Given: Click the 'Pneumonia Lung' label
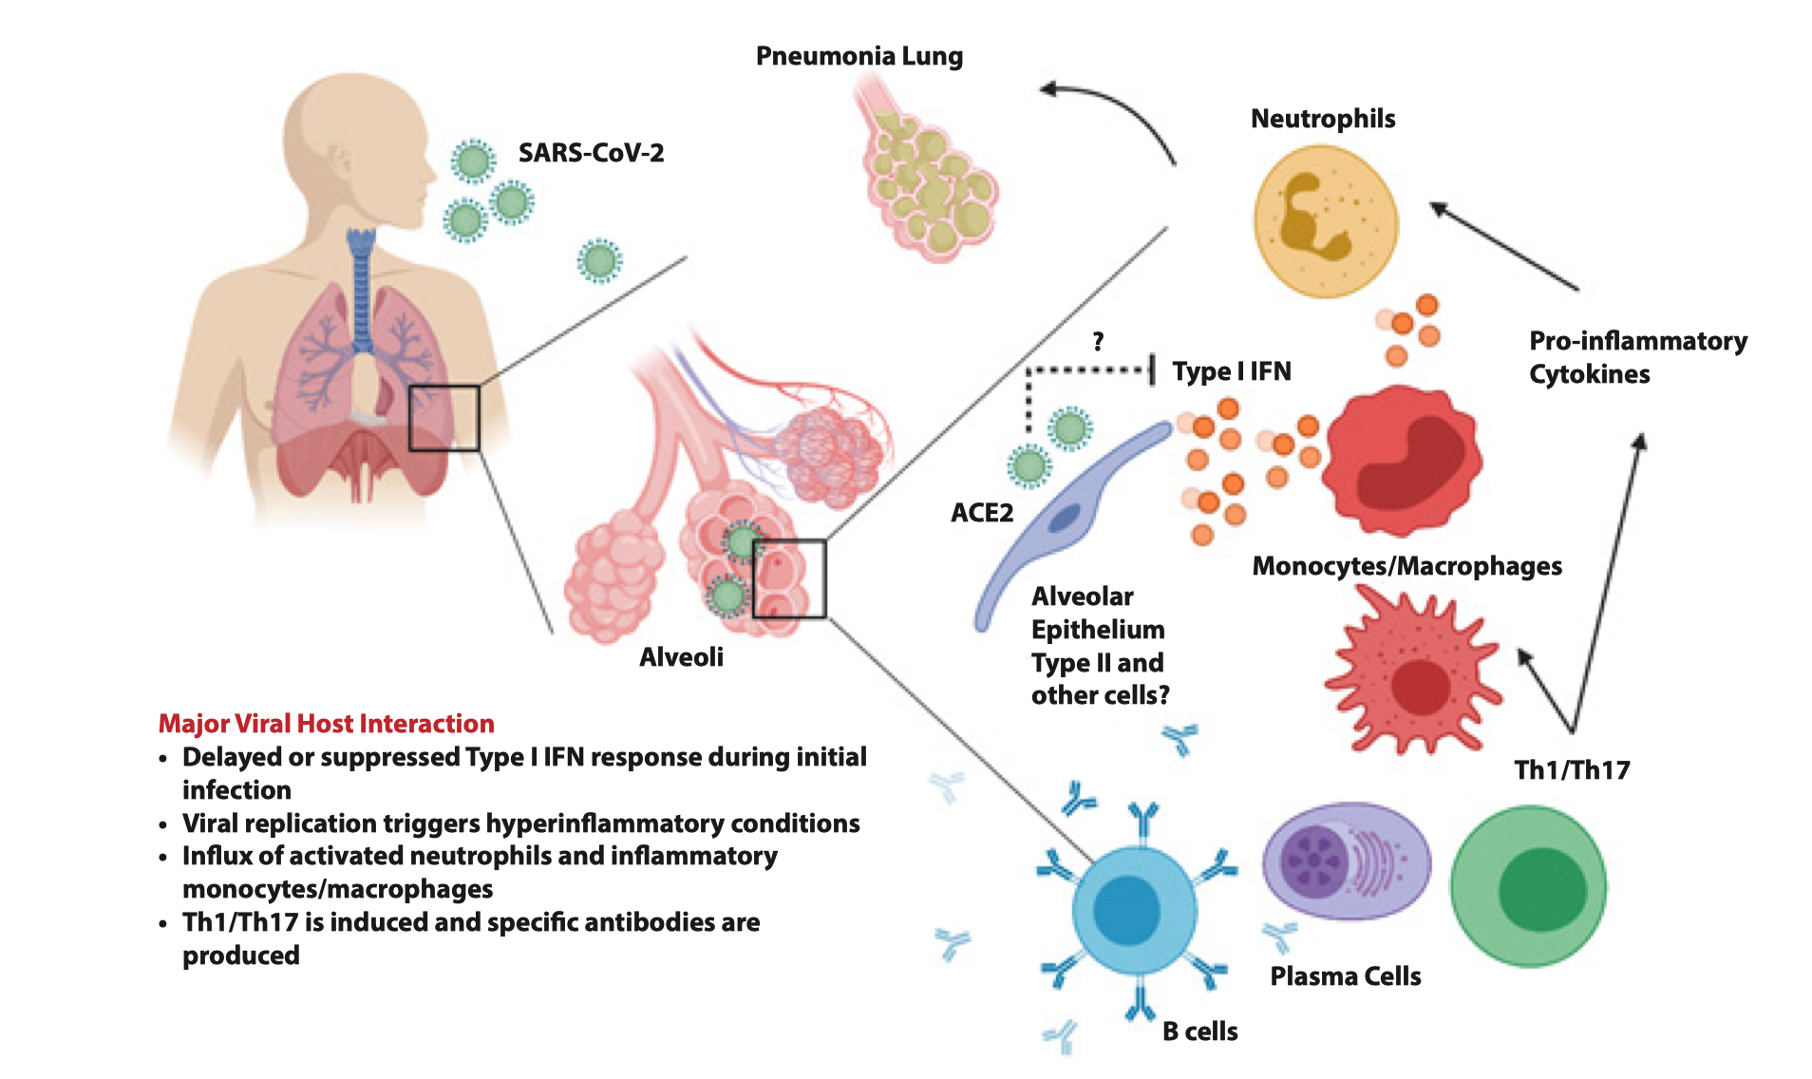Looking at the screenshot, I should tap(859, 56).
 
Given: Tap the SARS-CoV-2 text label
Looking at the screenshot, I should tap(591, 153).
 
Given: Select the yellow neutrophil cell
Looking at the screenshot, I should tap(1325, 221).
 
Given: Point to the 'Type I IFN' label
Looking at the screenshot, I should tap(1231, 371).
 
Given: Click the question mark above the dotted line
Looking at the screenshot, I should tap(1098, 341).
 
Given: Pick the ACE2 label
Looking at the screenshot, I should tap(982, 513).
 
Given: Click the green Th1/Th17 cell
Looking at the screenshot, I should tap(1528, 885).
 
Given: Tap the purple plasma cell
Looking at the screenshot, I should tap(1345, 861).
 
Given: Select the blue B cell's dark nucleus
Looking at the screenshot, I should tap(1126, 909).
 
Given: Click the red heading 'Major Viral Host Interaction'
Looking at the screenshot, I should tap(326, 724).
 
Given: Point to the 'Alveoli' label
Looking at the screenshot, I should tap(681, 657).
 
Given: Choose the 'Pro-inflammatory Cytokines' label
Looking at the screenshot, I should tap(1636, 357).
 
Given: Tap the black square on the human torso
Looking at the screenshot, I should tap(444, 418).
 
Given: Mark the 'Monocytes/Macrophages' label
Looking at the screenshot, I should tap(1406, 566).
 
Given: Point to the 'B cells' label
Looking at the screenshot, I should tap(1199, 1032).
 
